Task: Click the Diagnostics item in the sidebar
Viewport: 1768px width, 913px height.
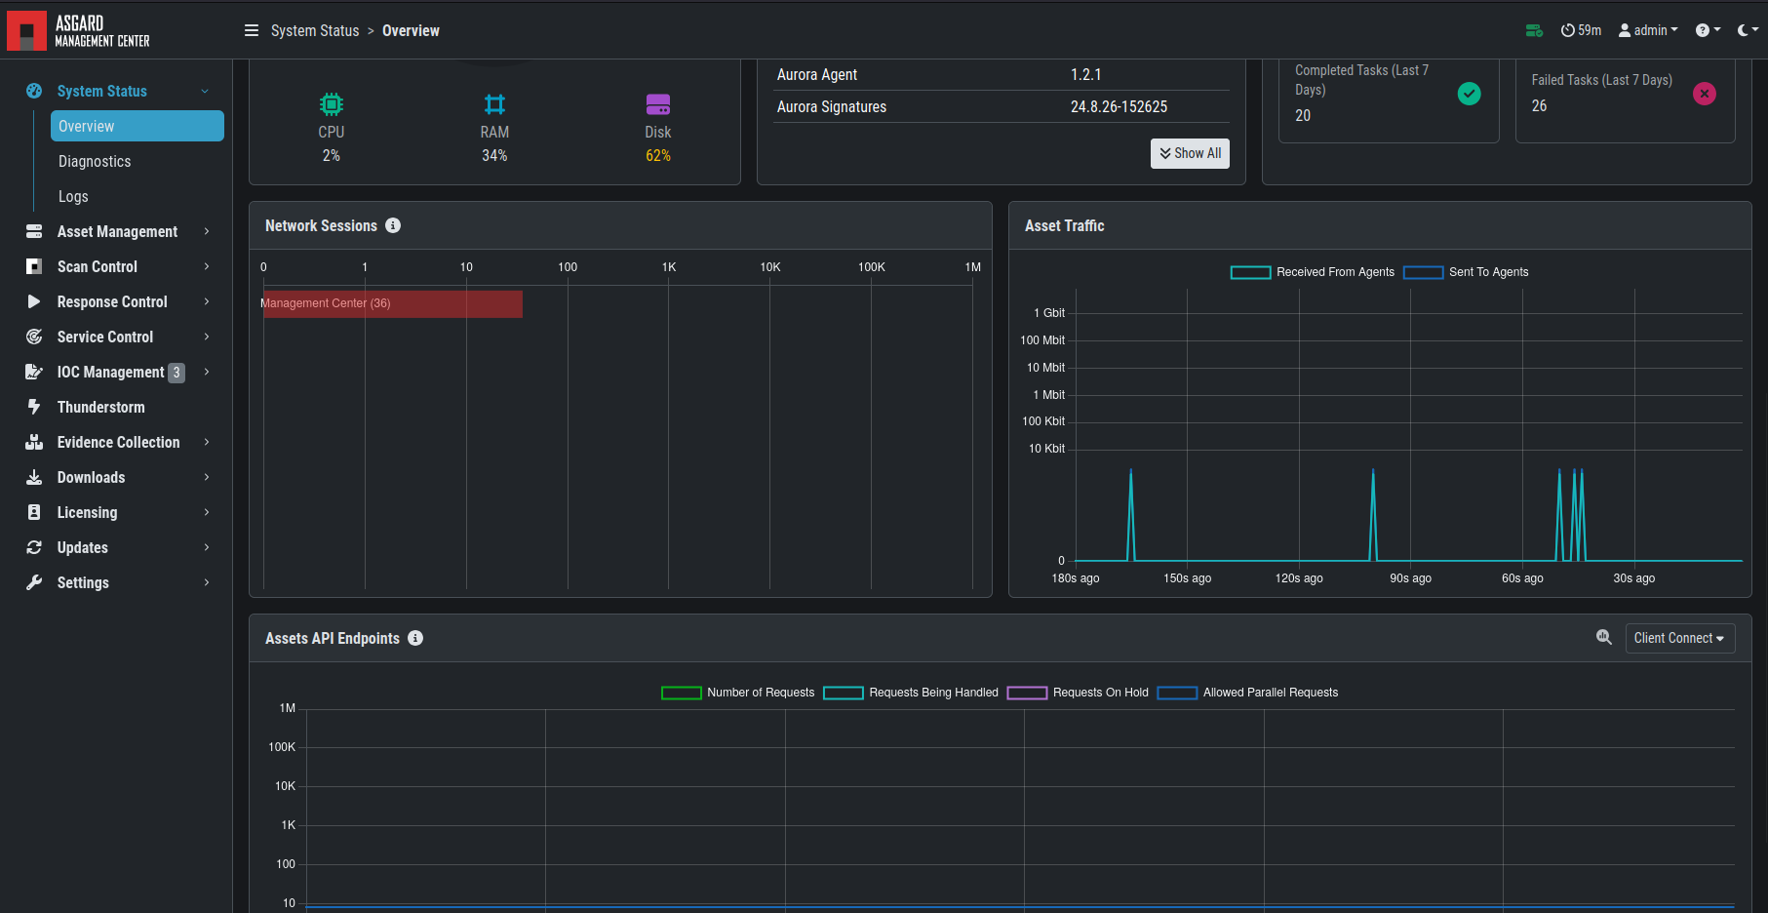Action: click(x=95, y=162)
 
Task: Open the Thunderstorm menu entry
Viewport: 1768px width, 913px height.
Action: click(x=100, y=408)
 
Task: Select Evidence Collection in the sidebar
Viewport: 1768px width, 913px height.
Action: click(x=118, y=443)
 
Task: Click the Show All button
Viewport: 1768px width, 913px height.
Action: click(x=1190, y=153)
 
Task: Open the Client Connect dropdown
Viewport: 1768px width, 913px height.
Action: click(x=1679, y=638)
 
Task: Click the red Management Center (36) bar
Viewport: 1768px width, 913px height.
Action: click(x=392, y=303)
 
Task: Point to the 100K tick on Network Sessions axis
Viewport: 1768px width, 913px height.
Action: click(x=871, y=267)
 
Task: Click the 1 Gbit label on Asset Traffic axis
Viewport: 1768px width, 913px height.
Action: click(x=1049, y=313)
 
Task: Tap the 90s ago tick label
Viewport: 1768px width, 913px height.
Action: click(x=1410, y=578)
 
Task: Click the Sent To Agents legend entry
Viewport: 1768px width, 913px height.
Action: click(x=1467, y=272)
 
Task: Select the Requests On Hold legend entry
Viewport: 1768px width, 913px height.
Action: click(x=1078, y=693)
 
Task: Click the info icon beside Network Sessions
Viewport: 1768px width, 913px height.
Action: click(x=393, y=225)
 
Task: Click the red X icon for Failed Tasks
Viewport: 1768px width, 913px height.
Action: click(x=1705, y=94)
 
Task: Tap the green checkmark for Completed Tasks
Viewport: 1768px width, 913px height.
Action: click(x=1469, y=94)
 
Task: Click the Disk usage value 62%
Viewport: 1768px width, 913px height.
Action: click(x=658, y=156)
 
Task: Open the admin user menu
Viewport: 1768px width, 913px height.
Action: click(x=1648, y=30)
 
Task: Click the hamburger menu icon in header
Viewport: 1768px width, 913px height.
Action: click(x=252, y=30)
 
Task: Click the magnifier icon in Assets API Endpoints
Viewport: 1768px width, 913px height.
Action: click(x=1604, y=637)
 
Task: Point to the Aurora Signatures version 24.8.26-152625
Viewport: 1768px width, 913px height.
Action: click(x=1119, y=107)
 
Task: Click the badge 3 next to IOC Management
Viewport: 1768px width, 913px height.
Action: click(x=177, y=373)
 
